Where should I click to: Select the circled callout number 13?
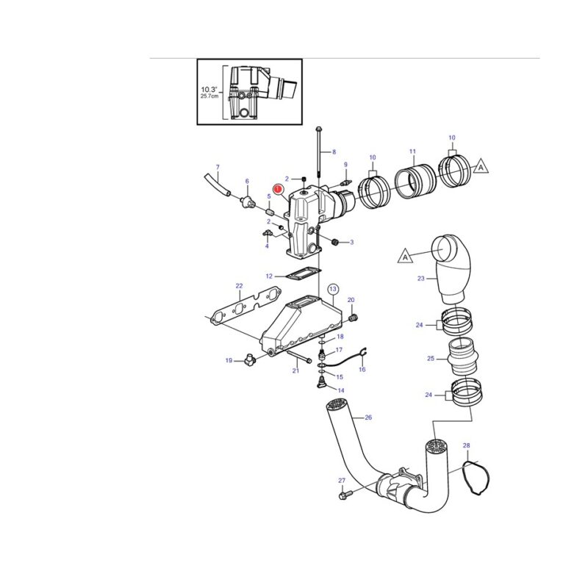(x=333, y=289)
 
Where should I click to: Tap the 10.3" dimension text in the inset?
(x=209, y=90)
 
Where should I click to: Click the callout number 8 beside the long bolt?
(x=334, y=152)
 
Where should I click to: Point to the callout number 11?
(x=412, y=151)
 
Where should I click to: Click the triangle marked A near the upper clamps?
(x=481, y=167)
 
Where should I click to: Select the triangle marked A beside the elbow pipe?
(x=405, y=257)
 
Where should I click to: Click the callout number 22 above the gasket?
(x=240, y=286)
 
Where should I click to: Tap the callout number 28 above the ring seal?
(x=466, y=445)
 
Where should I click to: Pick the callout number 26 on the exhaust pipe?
(x=368, y=417)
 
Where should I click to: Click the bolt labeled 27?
(x=345, y=495)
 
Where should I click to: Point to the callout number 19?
(x=229, y=361)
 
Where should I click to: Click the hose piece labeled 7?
(x=218, y=184)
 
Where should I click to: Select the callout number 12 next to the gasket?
(x=269, y=276)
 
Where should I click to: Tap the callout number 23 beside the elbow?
(x=420, y=279)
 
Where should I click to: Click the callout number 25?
(x=431, y=359)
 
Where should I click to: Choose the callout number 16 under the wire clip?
(x=362, y=370)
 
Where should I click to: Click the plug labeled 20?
(x=353, y=318)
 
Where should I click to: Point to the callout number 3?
(x=352, y=243)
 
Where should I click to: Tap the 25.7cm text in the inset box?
(x=209, y=96)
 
